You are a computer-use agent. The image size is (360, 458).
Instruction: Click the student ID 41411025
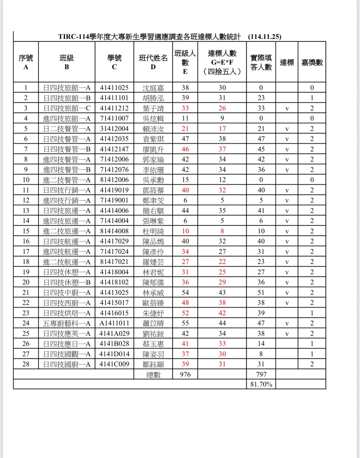point(114,88)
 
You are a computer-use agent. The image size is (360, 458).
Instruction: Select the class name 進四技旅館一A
point(67,118)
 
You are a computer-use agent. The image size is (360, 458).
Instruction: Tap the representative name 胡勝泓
point(153,98)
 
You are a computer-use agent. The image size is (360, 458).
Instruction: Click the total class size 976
point(185,374)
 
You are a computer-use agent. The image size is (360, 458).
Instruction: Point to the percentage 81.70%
point(261,384)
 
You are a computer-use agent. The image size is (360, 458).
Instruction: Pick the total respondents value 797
point(261,374)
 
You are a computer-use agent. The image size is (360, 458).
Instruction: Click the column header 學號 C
point(114,62)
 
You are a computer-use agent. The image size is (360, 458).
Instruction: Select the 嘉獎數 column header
point(312,62)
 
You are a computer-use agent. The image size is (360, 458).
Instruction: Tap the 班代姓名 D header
point(153,62)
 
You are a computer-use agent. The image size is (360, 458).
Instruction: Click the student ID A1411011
point(114,323)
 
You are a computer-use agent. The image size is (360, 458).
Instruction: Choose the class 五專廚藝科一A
point(67,323)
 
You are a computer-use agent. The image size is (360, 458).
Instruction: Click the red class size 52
point(185,313)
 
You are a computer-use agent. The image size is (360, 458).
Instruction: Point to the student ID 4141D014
point(114,354)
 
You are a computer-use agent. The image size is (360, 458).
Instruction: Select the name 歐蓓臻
point(153,303)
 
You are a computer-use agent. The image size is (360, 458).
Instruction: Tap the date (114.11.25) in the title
point(265,37)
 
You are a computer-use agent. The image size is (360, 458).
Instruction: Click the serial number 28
point(26,364)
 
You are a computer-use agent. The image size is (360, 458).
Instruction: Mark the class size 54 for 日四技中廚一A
point(185,293)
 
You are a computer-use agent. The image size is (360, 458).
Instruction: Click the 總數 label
point(153,374)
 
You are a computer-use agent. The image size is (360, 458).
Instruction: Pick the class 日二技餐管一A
point(67,129)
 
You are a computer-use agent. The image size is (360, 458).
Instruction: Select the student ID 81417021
point(114,262)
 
